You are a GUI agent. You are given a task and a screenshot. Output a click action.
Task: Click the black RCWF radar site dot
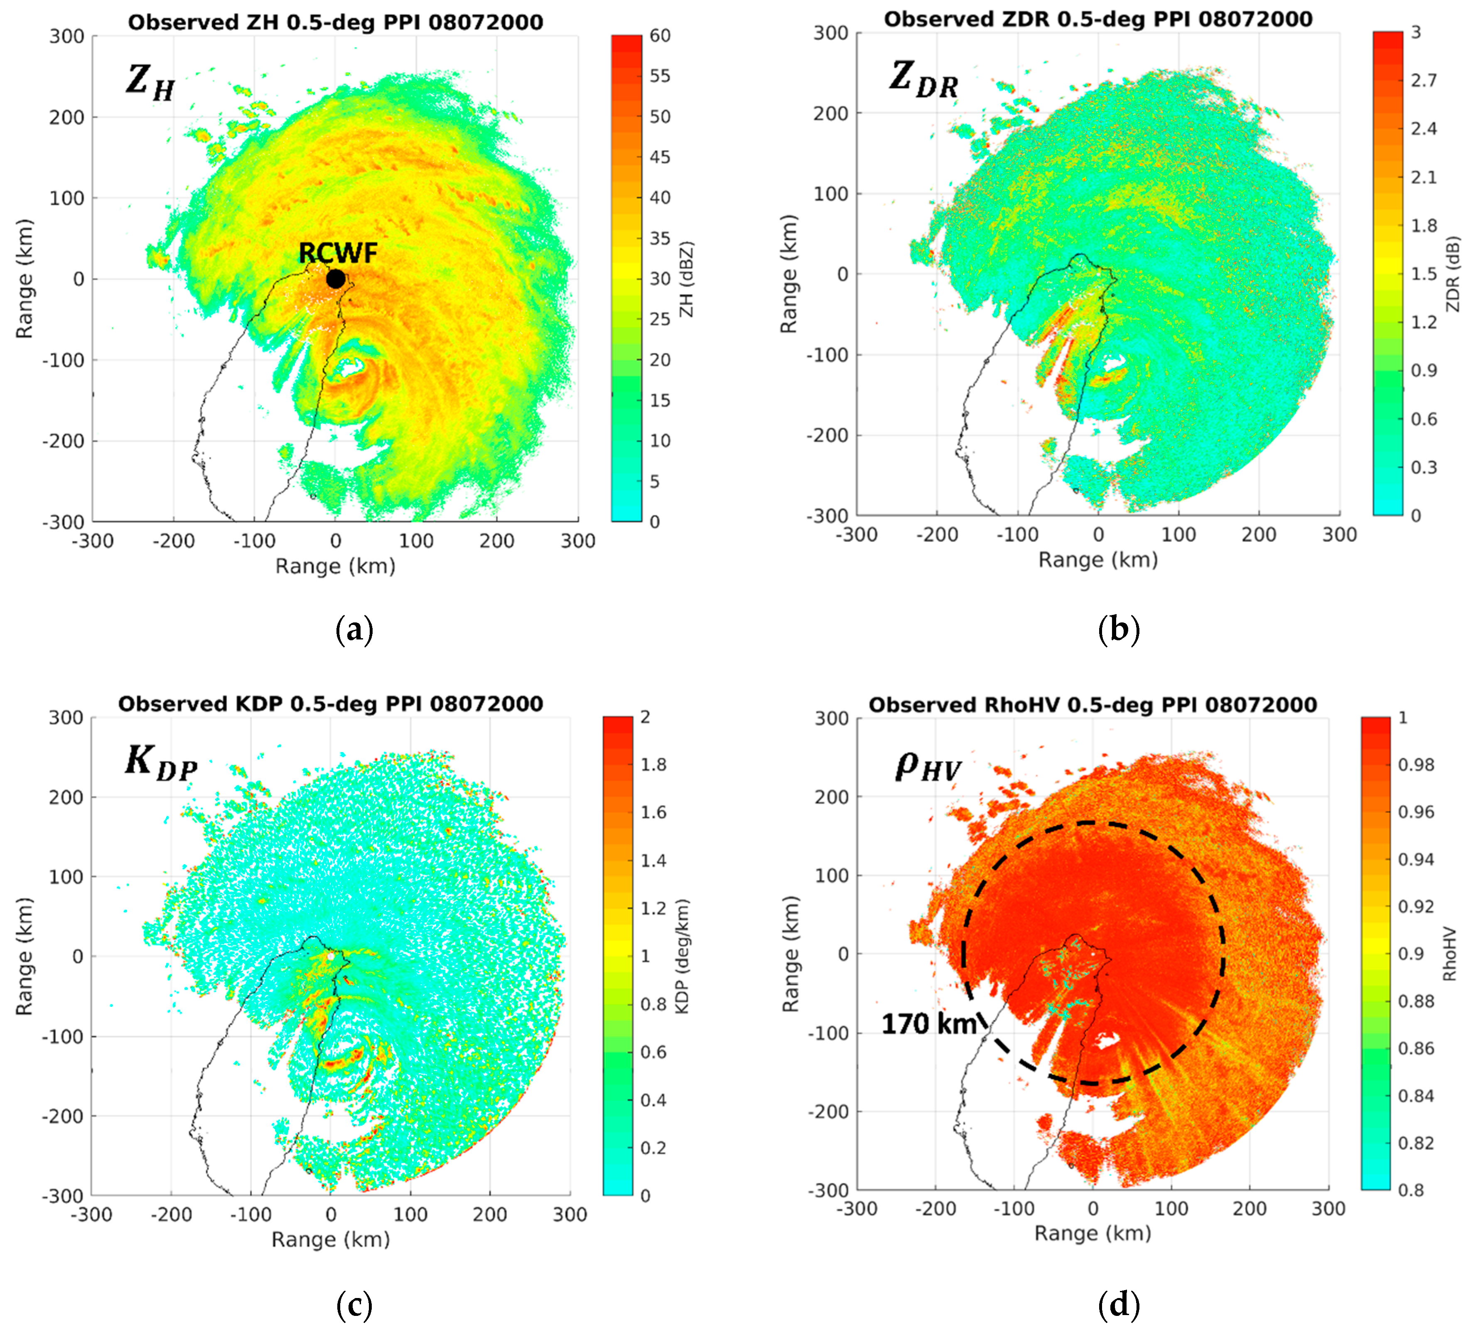point(335,278)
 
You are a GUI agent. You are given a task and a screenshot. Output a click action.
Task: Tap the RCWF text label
point(338,253)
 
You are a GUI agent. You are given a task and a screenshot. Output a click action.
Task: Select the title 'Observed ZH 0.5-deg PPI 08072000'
point(335,22)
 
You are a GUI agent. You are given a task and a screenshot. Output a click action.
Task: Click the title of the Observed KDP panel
point(330,704)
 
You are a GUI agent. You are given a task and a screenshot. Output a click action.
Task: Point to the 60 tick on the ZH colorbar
point(660,35)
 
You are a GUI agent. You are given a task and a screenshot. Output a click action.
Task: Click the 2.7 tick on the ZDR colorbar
point(1423,80)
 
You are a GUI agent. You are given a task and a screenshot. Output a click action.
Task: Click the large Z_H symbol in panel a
point(150,82)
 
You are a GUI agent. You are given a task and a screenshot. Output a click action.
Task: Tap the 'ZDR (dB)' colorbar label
point(1453,274)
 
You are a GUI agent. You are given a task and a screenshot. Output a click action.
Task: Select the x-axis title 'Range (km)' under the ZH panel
point(335,566)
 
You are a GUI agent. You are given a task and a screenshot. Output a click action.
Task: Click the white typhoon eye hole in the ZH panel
point(352,368)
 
